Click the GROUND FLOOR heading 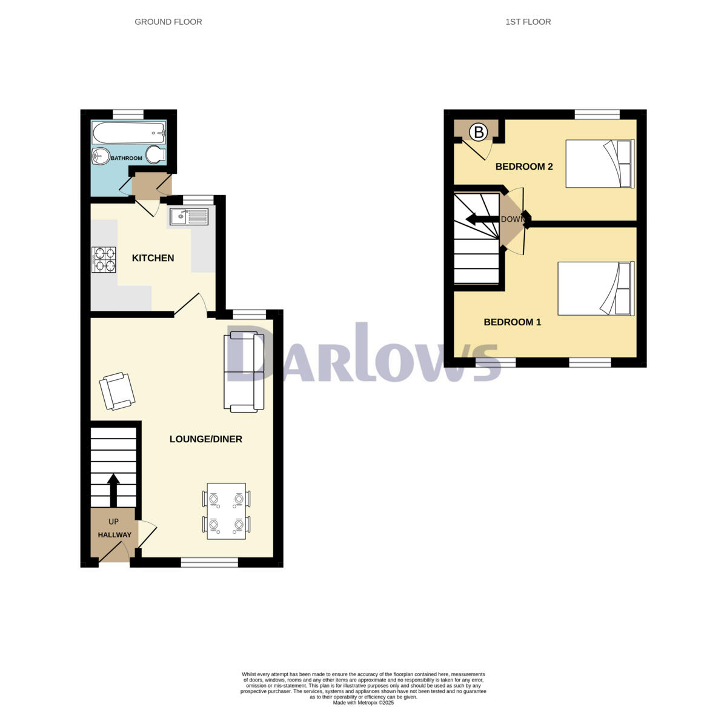click(168, 22)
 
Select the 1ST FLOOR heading click(528, 22)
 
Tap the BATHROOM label click(127, 158)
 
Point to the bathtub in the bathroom click(128, 131)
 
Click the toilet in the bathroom click(156, 155)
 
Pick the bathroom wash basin click(100, 156)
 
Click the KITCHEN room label click(153, 258)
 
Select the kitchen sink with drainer click(188, 216)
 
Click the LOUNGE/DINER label click(205, 439)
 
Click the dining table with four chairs click(227, 511)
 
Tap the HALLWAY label click(115, 535)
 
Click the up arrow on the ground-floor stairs click(113, 488)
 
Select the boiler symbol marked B click(479, 131)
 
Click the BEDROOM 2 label click(524, 167)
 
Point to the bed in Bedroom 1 click(596, 288)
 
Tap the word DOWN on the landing click(512, 219)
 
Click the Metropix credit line click(363, 703)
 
